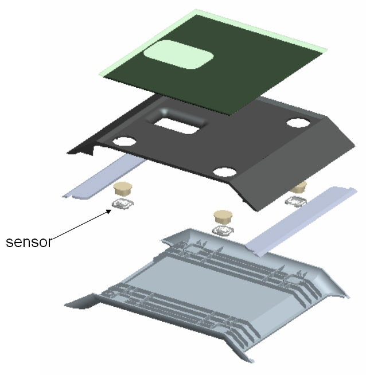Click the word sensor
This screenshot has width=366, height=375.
[29, 242]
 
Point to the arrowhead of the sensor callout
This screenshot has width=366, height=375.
[109, 211]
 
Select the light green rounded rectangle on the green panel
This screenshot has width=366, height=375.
[178, 54]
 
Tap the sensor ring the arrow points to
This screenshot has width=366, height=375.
[123, 204]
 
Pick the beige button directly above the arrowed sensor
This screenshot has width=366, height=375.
[123, 188]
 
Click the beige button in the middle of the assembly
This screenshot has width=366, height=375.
[223, 216]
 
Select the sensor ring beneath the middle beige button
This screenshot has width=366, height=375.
[223, 231]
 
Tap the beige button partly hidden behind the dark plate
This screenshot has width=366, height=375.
[299, 186]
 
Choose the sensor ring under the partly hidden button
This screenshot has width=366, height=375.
[296, 201]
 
